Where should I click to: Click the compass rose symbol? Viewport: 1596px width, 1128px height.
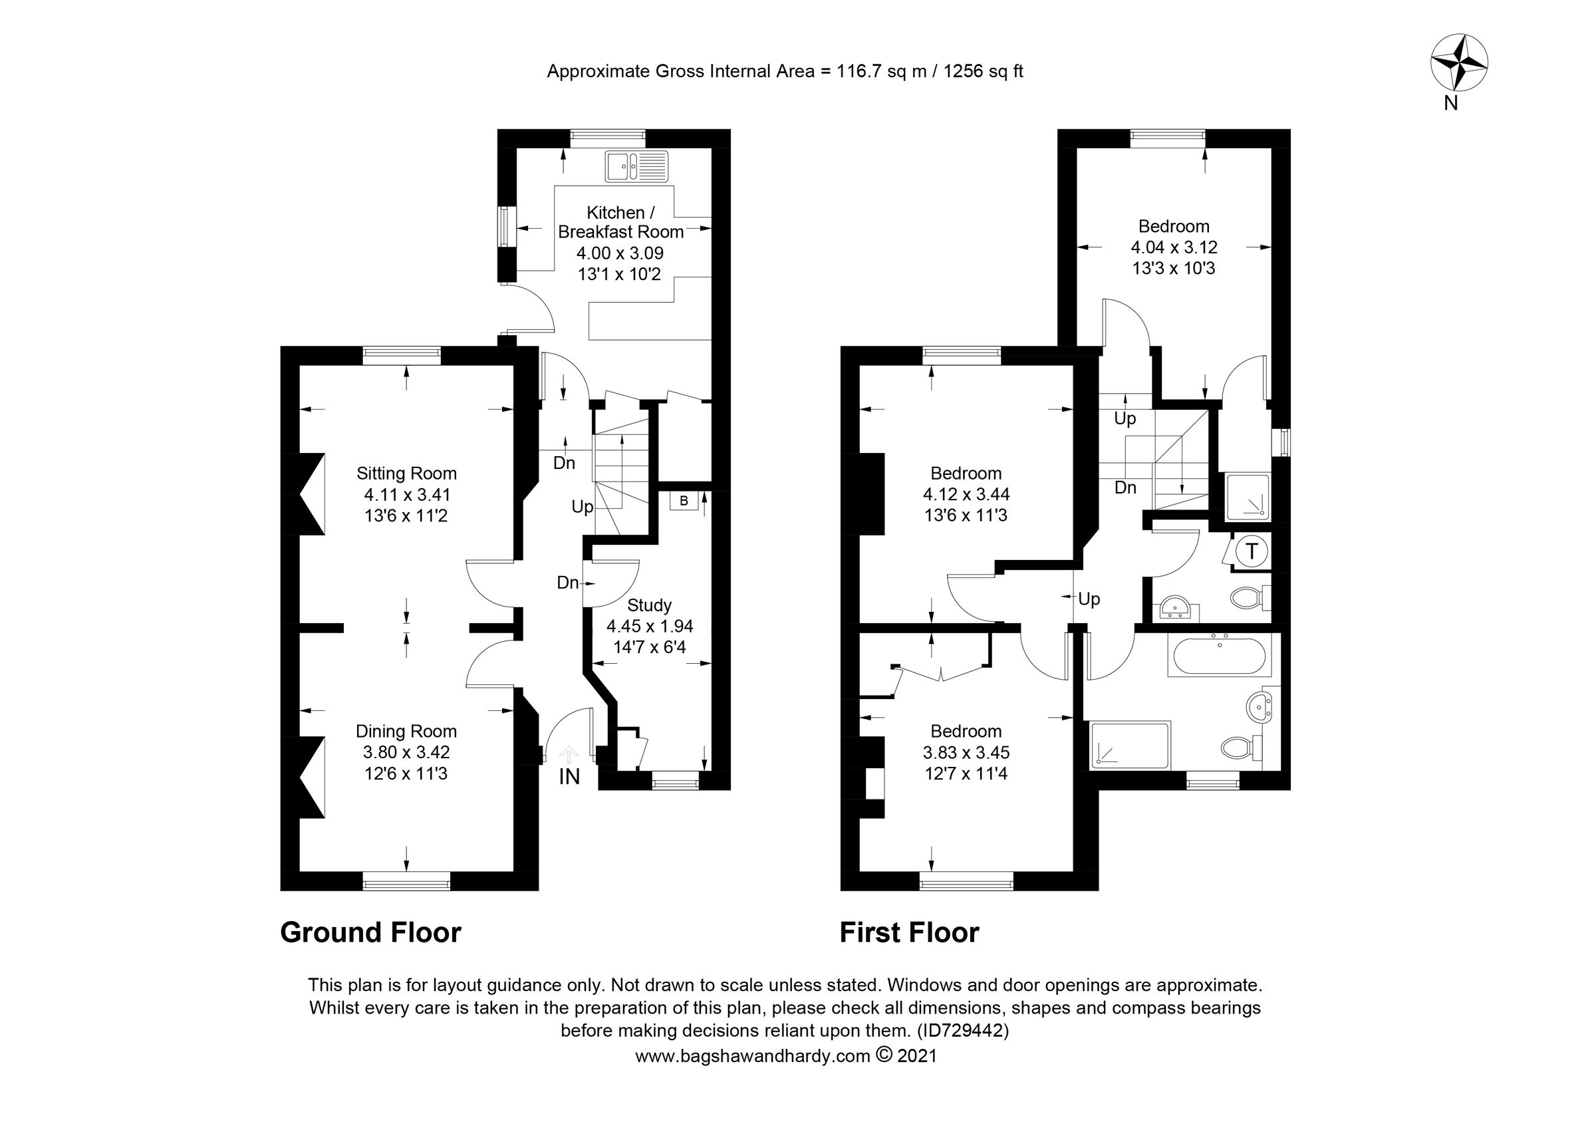tap(1458, 80)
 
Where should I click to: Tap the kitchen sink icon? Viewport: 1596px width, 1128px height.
tap(635, 166)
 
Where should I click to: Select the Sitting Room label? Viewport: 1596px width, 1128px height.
tap(406, 474)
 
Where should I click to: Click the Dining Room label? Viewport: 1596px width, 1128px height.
tap(406, 731)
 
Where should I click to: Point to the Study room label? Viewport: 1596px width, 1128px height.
tap(649, 605)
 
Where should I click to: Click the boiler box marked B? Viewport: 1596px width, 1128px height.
tap(684, 501)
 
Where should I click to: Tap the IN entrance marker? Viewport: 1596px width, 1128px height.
tap(569, 777)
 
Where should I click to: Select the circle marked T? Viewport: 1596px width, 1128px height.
tap(1252, 552)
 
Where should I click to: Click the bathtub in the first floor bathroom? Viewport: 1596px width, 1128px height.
tap(1222, 656)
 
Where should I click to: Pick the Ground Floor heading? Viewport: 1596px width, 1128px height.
tap(370, 932)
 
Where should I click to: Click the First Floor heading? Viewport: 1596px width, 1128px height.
tap(909, 932)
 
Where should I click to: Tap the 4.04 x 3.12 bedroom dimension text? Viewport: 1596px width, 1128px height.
tap(1173, 247)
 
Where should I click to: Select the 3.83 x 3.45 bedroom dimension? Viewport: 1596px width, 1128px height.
tap(966, 753)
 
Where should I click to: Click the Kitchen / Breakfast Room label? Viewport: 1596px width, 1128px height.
tap(620, 222)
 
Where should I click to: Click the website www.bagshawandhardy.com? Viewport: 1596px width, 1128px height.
tap(752, 1056)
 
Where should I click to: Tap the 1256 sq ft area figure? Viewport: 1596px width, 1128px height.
tap(982, 72)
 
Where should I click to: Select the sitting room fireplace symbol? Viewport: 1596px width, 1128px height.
tap(312, 494)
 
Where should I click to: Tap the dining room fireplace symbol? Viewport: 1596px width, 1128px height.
tap(312, 777)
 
